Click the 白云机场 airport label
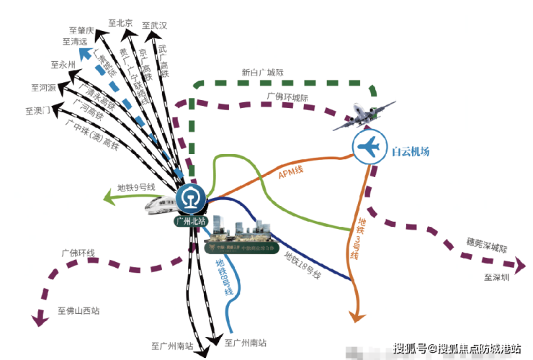(411, 151)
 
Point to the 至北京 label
(120, 23)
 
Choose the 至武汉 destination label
(154, 25)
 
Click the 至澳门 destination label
(37, 111)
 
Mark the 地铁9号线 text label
(136, 186)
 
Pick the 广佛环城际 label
(287, 96)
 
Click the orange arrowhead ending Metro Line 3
(354, 315)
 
